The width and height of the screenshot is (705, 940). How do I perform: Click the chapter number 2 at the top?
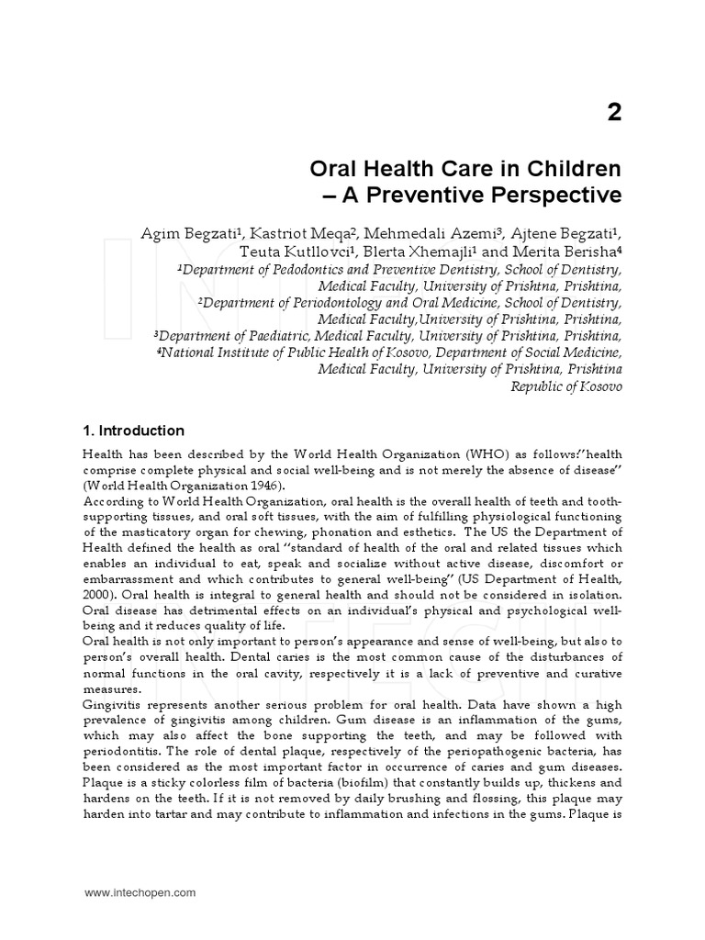pyautogui.click(x=613, y=113)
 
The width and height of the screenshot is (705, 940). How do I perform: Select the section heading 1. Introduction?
pyautogui.click(x=134, y=431)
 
